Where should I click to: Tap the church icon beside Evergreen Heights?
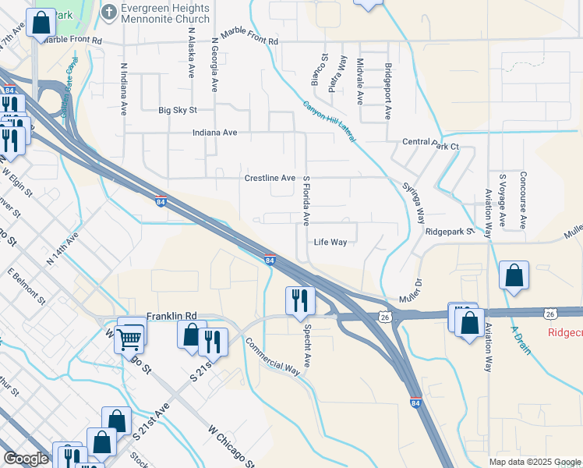[109, 12]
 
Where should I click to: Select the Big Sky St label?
[178, 111]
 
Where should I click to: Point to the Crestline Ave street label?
[270, 178]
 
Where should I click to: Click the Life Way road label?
[330, 242]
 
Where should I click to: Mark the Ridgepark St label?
[450, 232]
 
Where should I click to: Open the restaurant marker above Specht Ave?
[299, 299]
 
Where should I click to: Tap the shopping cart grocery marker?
[130, 337]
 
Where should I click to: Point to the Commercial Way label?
[273, 356]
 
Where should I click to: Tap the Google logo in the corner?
[26, 459]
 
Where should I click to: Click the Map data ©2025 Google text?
[534, 462]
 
